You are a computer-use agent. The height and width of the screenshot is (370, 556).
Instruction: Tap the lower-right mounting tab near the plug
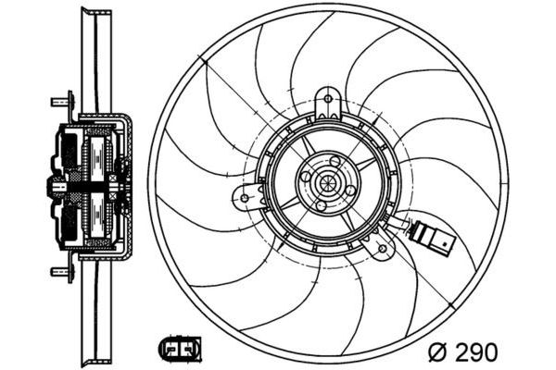click(x=383, y=247)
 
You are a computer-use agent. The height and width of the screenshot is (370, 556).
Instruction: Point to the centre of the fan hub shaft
click(x=327, y=182)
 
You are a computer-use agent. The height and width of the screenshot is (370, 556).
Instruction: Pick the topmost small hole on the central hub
click(x=335, y=161)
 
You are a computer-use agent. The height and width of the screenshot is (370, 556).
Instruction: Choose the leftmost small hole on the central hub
click(x=306, y=174)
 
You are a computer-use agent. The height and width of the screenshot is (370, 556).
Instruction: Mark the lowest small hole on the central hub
click(x=321, y=203)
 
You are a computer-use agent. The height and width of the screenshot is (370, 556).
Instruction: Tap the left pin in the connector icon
click(x=172, y=351)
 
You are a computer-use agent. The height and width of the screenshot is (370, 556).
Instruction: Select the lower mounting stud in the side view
click(x=60, y=271)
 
